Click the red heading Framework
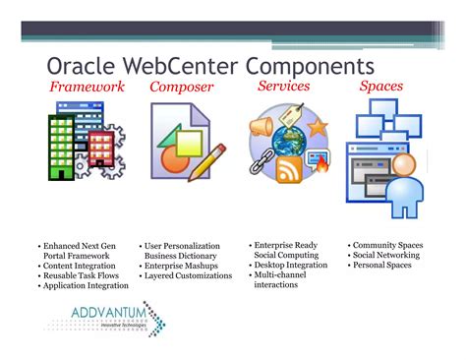click(x=87, y=88)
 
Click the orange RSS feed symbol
click(x=289, y=171)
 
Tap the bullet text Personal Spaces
click(x=383, y=266)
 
